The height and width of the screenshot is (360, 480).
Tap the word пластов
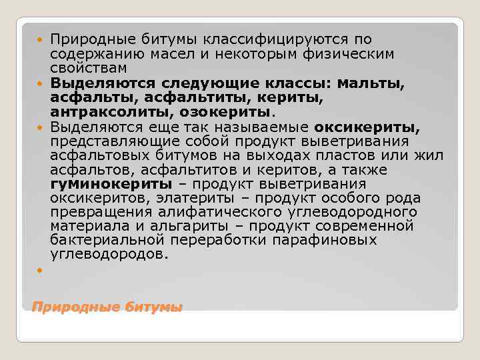(x=350, y=155)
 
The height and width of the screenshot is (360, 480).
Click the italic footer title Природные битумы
(x=107, y=307)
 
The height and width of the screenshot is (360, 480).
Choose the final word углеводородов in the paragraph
(x=110, y=255)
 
